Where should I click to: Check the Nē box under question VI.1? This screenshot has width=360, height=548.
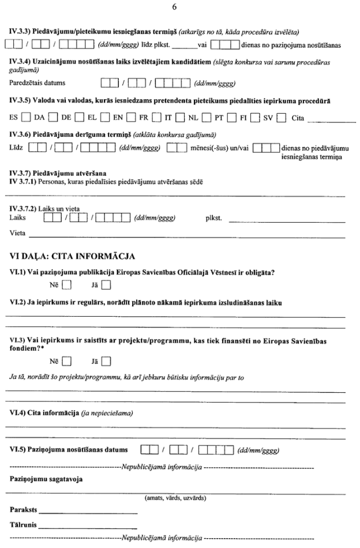(67, 284)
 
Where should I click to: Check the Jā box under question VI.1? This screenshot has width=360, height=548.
(106, 284)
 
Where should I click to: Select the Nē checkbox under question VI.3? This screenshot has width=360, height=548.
(67, 362)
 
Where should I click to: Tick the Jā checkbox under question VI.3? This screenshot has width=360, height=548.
(106, 362)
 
